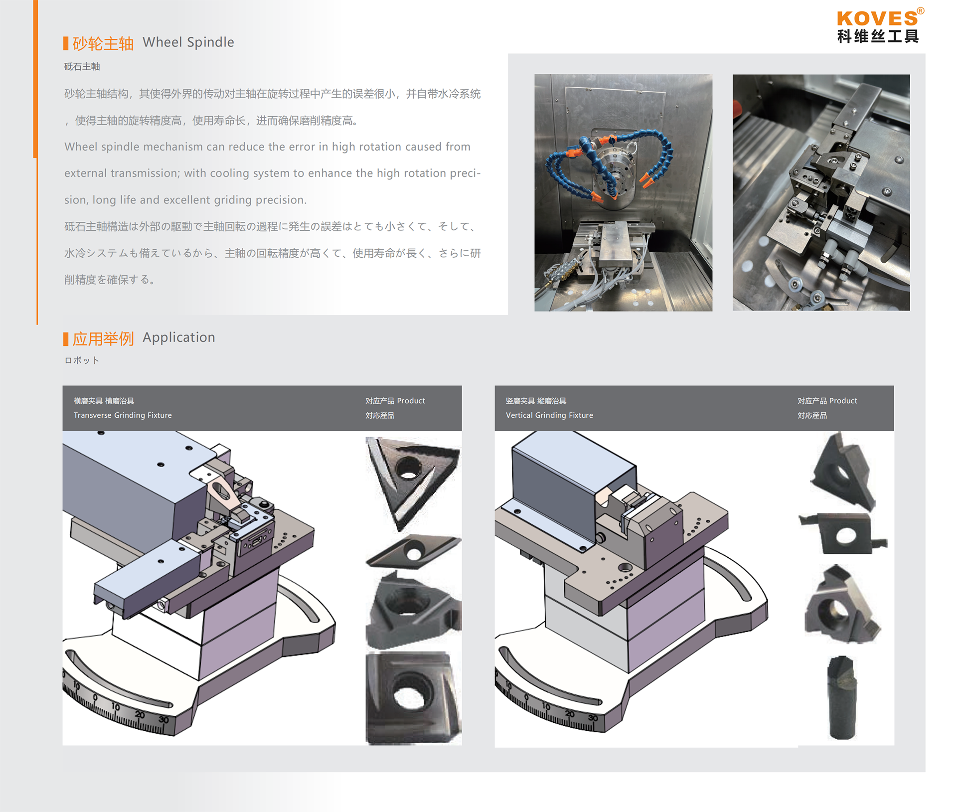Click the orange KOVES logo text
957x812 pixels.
[877, 18]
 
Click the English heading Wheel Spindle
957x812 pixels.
[188, 42]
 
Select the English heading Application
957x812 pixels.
[179, 337]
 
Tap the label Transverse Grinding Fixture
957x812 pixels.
[123, 415]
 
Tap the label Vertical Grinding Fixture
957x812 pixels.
[549, 415]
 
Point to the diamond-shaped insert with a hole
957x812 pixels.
[413, 552]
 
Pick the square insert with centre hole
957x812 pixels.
[413, 698]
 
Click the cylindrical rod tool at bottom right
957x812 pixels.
[842, 697]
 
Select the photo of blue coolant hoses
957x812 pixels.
[623, 193]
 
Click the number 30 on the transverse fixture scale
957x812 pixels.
[163, 720]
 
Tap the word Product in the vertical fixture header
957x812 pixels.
[843, 401]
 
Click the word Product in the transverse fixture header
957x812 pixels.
[411, 401]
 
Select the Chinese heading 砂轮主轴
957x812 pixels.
[103, 43]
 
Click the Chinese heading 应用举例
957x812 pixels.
[103, 339]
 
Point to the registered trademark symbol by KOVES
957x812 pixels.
[921, 10]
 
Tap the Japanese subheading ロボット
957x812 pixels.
[82, 360]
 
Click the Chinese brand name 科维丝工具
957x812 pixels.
[878, 36]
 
